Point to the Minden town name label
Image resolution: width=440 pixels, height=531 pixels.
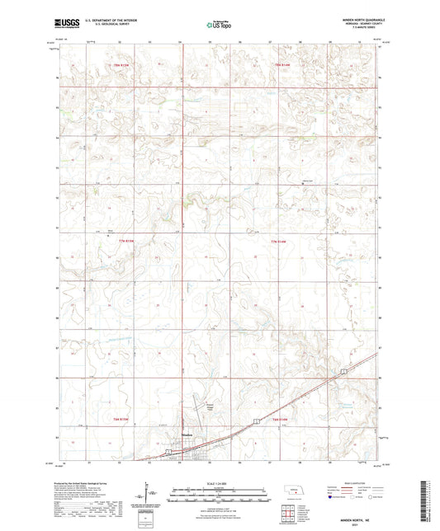(x=187, y=438)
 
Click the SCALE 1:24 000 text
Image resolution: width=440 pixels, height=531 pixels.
(x=220, y=483)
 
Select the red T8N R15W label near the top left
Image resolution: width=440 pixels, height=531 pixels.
(x=122, y=64)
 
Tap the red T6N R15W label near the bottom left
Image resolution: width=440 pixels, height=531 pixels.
(x=121, y=420)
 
